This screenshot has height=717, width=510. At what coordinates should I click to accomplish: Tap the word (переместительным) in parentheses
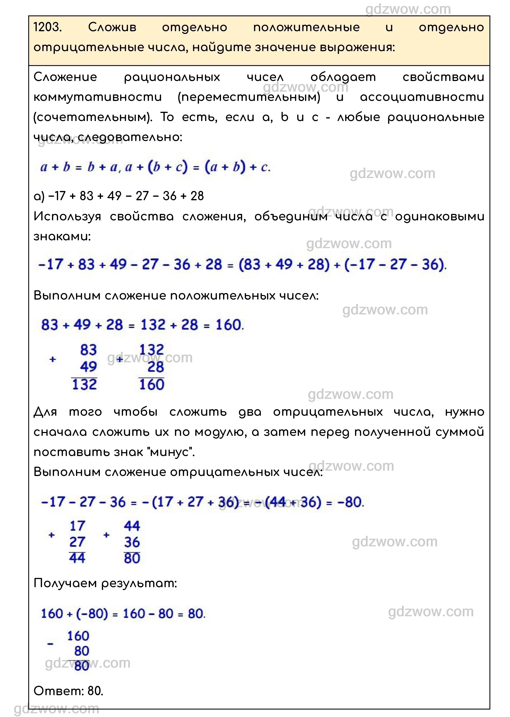pyautogui.click(x=249, y=97)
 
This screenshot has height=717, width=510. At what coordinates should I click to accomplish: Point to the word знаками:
pyautogui.click(x=62, y=236)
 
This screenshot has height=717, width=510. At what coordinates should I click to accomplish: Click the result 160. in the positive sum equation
pyautogui.click(x=230, y=325)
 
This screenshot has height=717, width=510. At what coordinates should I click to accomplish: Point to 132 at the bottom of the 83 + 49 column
pyautogui.click(x=84, y=385)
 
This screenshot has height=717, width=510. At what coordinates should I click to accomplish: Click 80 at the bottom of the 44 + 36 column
pyautogui.click(x=132, y=558)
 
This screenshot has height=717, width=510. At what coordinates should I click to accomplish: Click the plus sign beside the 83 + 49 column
pyautogui.click(x=53, y=359)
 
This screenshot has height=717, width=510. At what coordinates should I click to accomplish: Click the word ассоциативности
pyautogui.click(x=422, y=97)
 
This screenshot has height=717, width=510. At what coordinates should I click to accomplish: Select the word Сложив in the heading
pyautogui.click(x=112, y=27)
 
